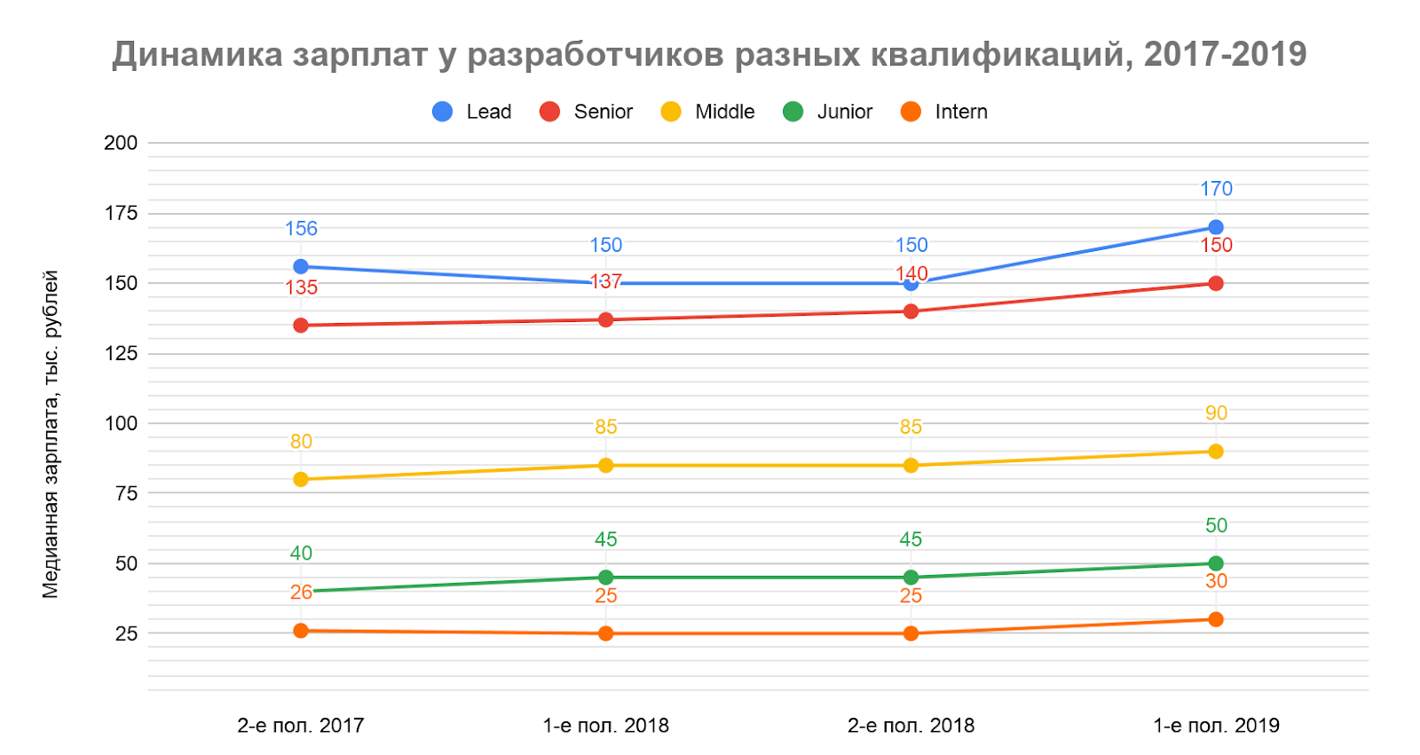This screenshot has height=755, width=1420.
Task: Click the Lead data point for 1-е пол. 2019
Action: [1215, 227]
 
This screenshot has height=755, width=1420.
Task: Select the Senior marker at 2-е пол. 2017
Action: [301, 326]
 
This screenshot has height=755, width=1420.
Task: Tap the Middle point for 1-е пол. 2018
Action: [605, 465]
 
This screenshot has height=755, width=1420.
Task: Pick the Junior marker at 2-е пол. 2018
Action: [911, 578]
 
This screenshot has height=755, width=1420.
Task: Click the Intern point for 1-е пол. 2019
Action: [1215, 619]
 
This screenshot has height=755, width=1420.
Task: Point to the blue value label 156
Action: [301, 229]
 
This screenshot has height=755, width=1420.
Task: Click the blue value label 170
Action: [1216, 189]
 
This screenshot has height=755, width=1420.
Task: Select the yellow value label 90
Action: [1216, 413]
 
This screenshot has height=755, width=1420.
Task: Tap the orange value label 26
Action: [301, 593]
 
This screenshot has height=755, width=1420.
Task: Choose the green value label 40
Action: [301, 554]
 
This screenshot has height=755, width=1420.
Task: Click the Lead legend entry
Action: [472, 112]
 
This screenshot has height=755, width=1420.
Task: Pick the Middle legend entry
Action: [708, 112]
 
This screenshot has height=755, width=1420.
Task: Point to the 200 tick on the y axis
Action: [121, 143]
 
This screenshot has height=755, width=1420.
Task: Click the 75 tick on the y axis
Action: [127, 493]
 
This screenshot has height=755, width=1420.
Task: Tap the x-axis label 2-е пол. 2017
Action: [301, 726]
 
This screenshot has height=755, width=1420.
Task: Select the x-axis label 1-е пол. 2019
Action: [1216, 726]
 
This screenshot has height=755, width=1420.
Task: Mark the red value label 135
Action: [301, 288]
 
